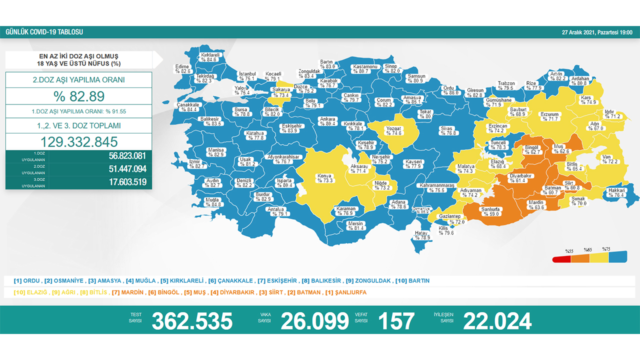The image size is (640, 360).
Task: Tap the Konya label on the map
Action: coord(324,178)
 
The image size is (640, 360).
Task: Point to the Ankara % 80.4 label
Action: coord(328,121)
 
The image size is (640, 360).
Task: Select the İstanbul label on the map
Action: coord(247,76)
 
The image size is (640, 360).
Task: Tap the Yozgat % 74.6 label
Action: coord(393,131)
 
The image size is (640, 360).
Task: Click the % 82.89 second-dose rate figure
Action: coord(79,96)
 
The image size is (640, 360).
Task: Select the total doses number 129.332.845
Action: coord(79,141)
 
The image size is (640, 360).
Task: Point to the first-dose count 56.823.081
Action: coord(127,155)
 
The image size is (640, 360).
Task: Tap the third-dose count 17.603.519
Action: coord(127,182)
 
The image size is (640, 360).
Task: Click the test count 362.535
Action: coord(192,321)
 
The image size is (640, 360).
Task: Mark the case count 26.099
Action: coord(314,321)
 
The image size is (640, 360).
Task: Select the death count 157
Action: coord(396,321)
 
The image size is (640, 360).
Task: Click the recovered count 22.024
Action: coord(497,321)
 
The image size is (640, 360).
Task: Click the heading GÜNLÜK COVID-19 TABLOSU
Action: coord(44,32)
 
